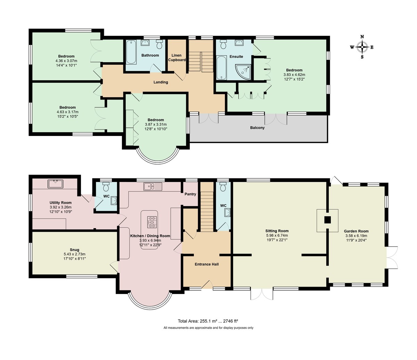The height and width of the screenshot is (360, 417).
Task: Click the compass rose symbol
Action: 362,47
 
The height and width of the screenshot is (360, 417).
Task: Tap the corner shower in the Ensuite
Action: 244,72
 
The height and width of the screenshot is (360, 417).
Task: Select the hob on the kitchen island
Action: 152,222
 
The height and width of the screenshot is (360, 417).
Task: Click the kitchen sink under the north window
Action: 153,186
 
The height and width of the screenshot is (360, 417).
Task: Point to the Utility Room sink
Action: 55,184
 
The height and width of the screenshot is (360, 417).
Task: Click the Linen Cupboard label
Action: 177,57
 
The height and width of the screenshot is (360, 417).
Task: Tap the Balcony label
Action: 257,128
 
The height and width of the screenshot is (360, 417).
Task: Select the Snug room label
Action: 74,250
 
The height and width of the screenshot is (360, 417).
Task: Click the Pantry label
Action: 190,194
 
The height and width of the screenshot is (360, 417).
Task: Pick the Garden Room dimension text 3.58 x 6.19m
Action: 356,235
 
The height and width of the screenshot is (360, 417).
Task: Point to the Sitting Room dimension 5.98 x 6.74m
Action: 277,235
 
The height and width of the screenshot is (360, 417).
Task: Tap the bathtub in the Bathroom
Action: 131,52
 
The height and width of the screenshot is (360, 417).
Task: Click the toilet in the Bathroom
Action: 160,44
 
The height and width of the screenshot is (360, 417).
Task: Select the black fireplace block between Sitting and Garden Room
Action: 327,220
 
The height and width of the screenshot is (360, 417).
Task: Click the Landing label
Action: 161,82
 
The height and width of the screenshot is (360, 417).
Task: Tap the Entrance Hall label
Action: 206,264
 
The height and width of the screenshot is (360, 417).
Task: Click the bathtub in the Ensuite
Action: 221,68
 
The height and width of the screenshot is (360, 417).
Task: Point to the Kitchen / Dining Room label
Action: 150,236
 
